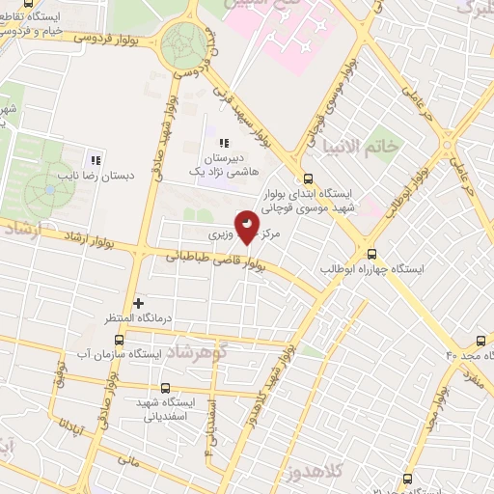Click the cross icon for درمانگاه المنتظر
click(x=139, y=303)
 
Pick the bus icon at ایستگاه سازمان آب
click(x=120, y=340)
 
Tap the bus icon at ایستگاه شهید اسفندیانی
click(x=164, y=388)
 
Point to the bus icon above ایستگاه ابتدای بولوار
click(x=308, y=179)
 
